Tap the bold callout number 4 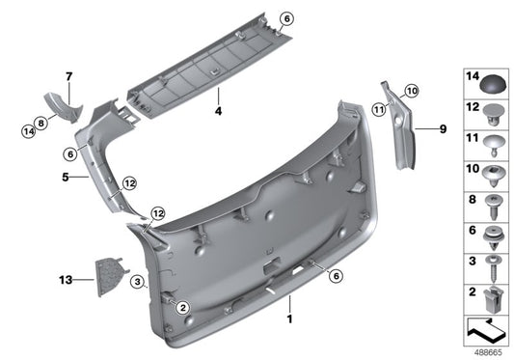(219, 112)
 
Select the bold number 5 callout (65, 178)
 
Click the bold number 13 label (65, 280)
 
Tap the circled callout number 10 (412, 91)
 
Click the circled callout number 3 (139, 282)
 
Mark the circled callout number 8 (41, 123)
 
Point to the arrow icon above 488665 (485, 331)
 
